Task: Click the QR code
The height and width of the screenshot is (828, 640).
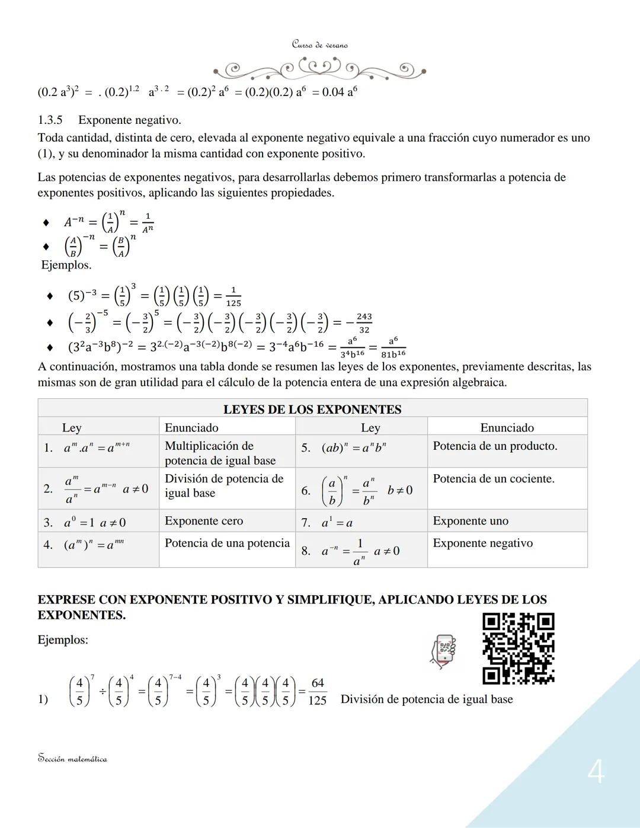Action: (519, 648)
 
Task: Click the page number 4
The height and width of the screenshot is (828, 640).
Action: (596, 772)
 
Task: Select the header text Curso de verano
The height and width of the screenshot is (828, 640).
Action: (319, 45)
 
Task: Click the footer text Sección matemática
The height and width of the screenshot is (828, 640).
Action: (72, 759)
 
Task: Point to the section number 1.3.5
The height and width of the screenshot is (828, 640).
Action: (50, 120)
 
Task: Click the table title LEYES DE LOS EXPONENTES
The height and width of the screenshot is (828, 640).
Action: (312, 409)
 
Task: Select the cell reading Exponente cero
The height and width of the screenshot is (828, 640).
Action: (204, 521)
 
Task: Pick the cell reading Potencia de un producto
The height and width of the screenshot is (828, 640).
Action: (495, 446)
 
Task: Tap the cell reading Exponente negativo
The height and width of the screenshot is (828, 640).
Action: (482, 543)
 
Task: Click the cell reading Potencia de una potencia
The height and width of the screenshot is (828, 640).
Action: (227, 543)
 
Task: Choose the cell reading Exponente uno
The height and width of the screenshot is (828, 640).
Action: (471, 521)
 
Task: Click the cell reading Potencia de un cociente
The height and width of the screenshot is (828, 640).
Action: (494, 478)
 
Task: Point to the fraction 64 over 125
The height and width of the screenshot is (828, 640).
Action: (318, 692)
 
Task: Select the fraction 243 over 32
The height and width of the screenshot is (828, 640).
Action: (364, 323)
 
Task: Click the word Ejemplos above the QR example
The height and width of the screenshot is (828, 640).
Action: (63, 640)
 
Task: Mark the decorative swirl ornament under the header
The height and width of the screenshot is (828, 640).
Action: (319, 70)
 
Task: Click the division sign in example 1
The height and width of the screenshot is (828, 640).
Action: (102, 691)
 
